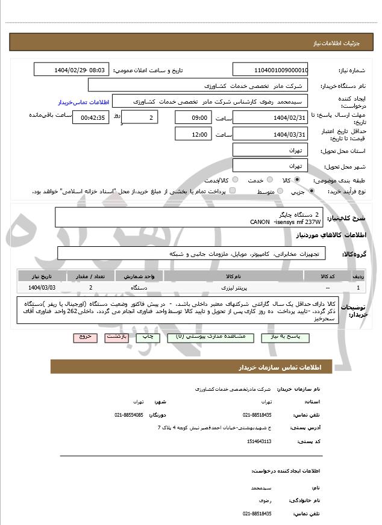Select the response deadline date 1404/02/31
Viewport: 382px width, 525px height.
[271, 117]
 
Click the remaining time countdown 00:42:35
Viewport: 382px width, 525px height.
[90, 117]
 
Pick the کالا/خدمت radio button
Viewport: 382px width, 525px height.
[235, 180]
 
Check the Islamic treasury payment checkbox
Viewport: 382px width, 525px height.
[233, 191]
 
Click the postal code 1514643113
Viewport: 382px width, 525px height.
[259, 441]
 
